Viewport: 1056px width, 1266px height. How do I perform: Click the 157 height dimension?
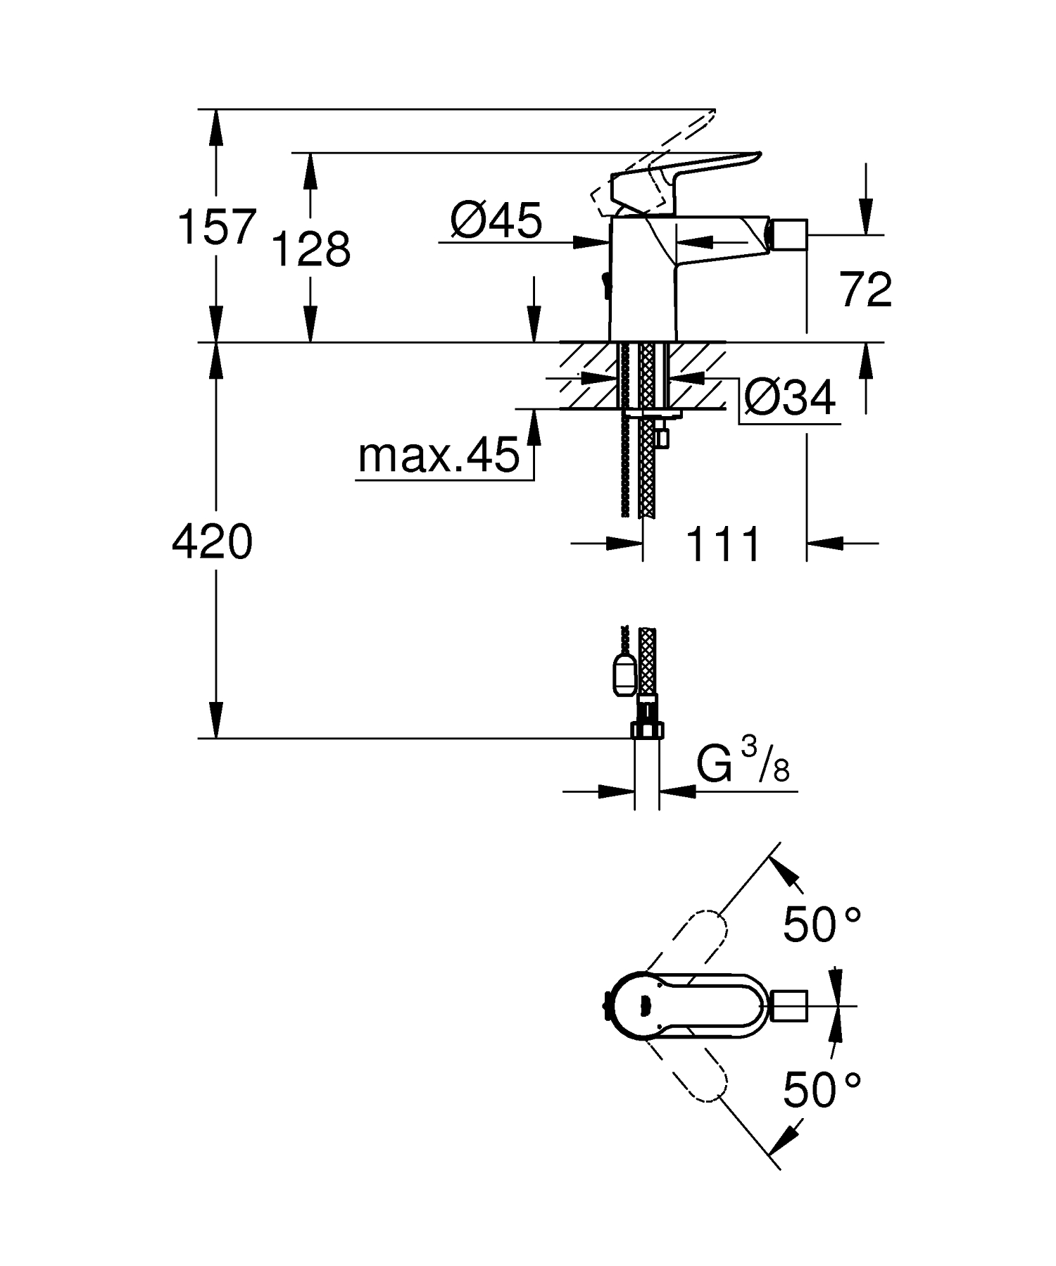(215, 227)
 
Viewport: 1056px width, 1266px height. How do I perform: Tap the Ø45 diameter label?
(497, 220)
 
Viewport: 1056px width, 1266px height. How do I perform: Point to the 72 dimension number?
(865, 289)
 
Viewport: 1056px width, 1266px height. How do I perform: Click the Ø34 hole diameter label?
(790, 399)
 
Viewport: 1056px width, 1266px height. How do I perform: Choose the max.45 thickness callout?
(439, 456)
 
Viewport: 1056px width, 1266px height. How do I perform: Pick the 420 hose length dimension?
(212, 543)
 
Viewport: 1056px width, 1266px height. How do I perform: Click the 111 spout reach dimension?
(723, 544)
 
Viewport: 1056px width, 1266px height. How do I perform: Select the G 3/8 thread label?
(742, 765)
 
